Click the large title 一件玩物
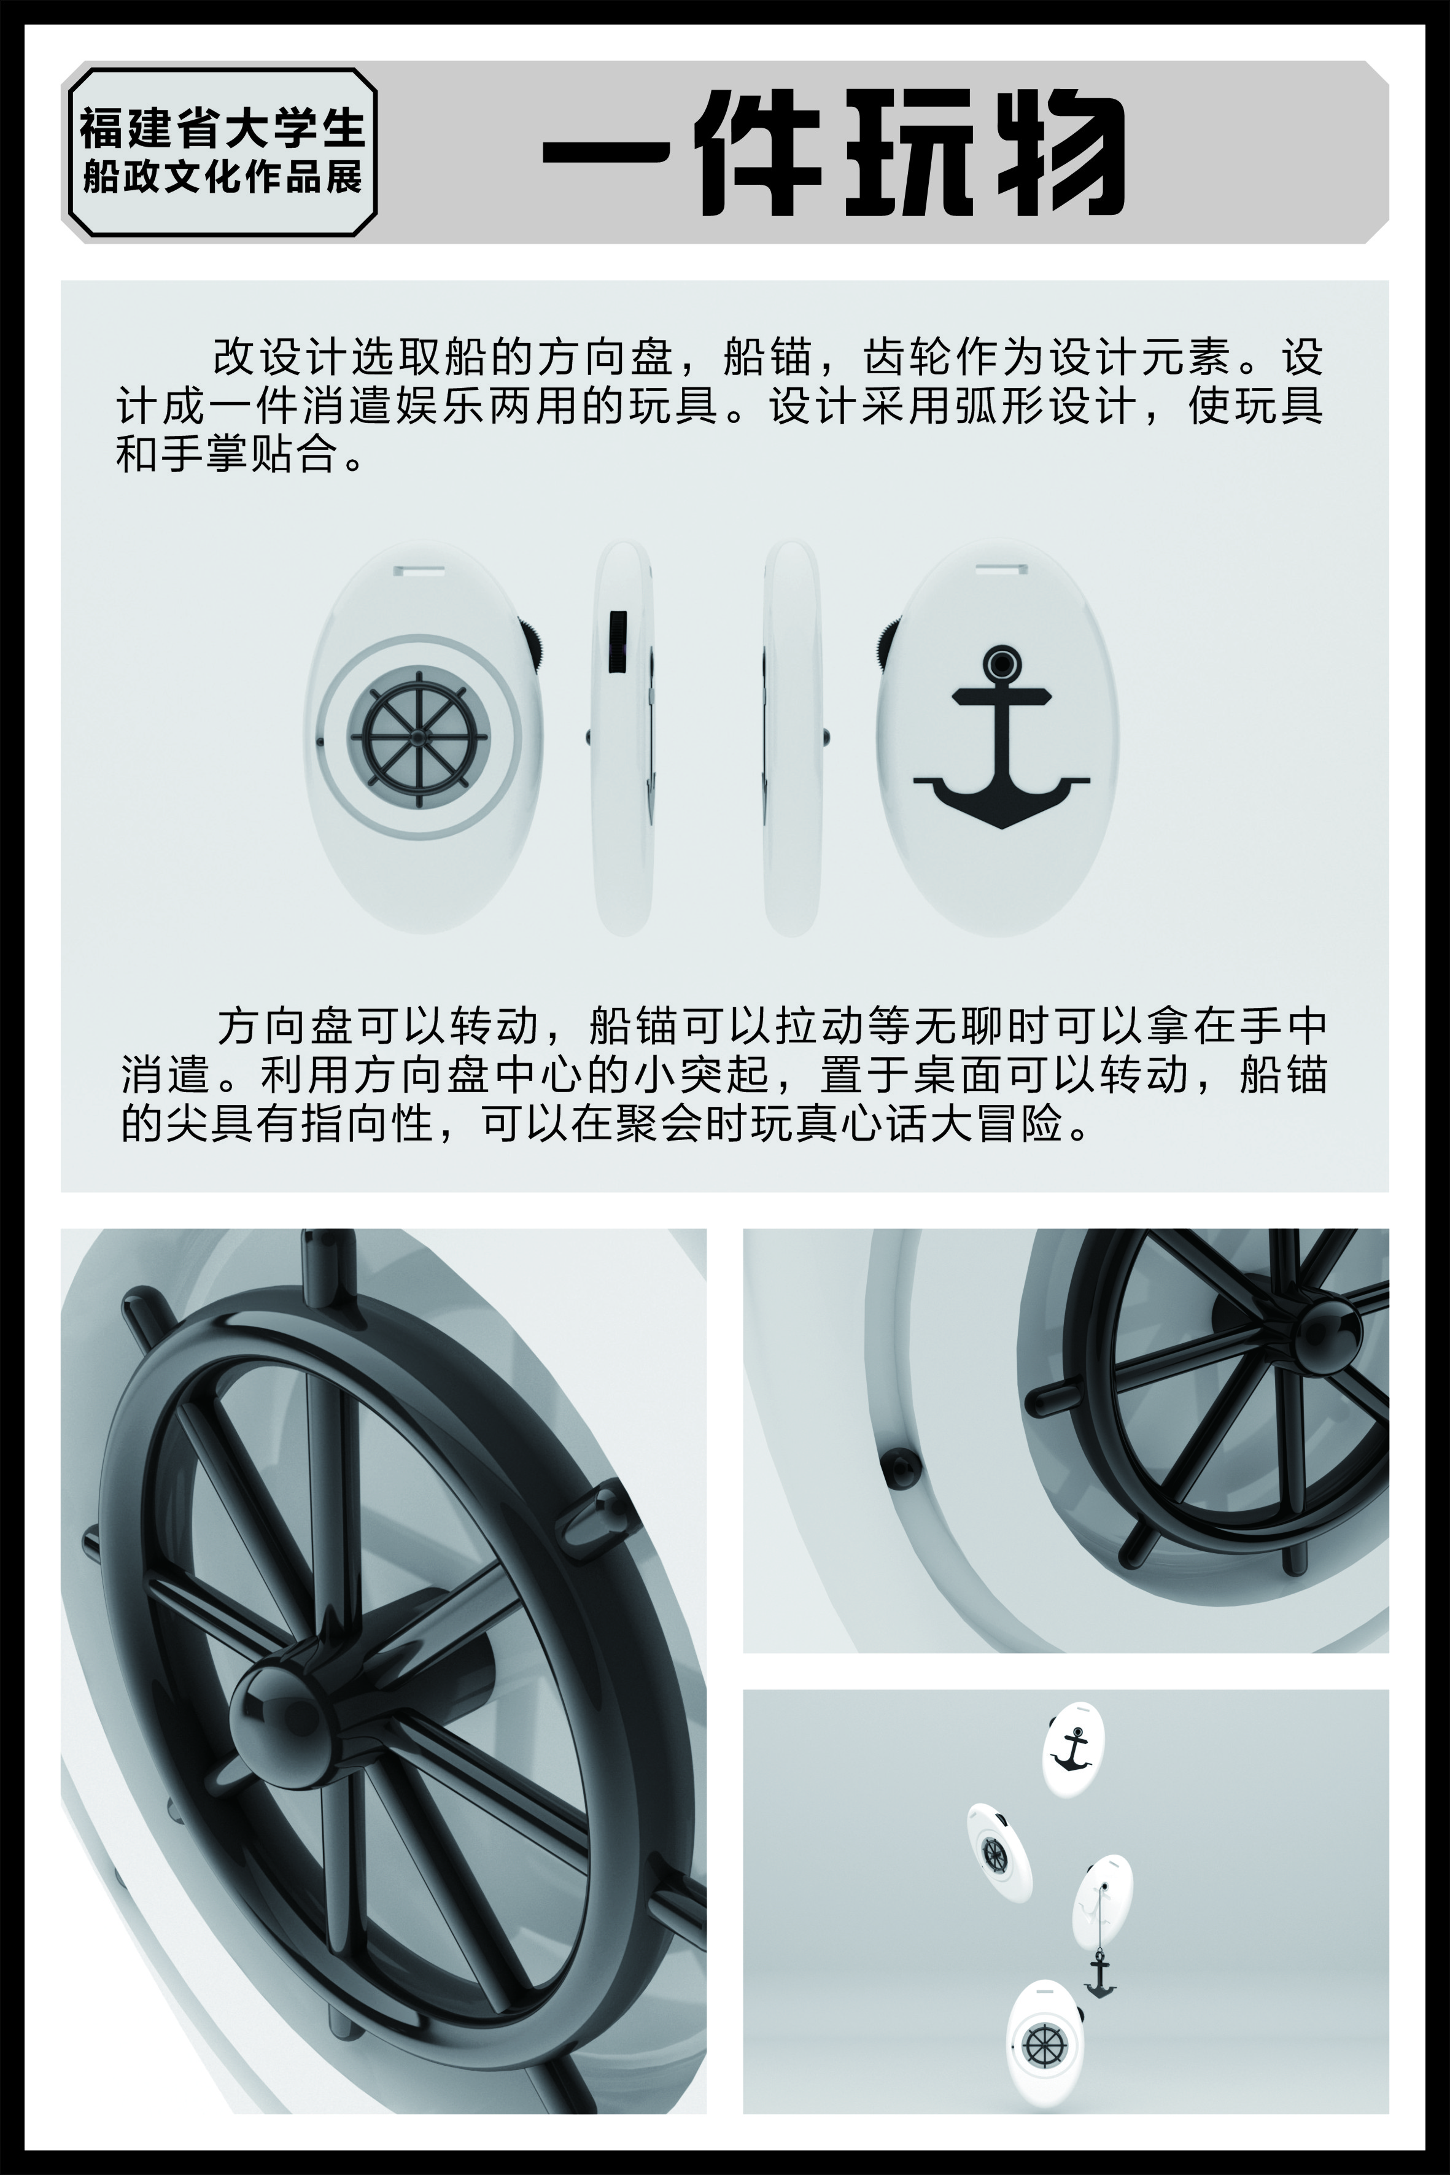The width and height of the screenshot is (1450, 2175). click(832, 153)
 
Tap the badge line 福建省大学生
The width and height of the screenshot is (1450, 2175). click(222, 128)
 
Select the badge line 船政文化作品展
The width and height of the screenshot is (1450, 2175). click(222, 177)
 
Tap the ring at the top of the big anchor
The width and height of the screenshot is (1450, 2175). click(1001, 664)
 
